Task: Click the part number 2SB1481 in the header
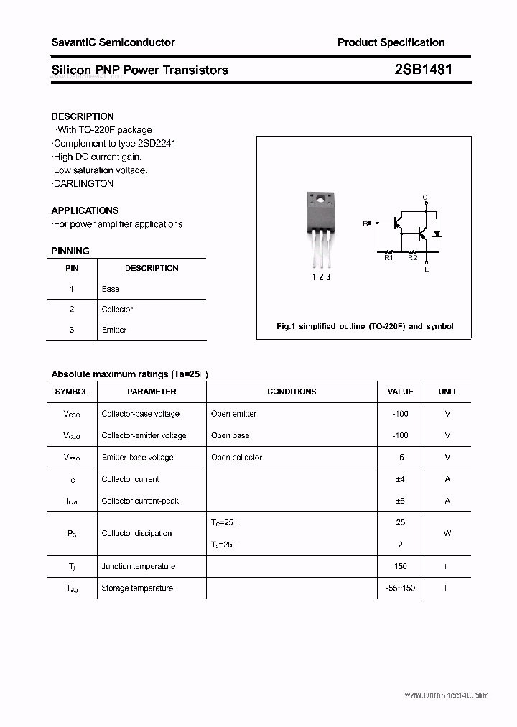[423, 70]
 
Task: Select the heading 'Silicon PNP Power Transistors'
[139, 70]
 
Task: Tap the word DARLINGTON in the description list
[84, 183]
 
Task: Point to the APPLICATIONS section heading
[85, 210]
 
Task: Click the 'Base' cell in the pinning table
[111, 289]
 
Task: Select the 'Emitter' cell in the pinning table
[114, 330]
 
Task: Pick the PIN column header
[72, 268]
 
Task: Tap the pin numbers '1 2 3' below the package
[320, 277]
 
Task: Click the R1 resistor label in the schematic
[388, 258]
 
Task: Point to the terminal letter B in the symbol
[365, 224]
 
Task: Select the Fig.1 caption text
[365, 326]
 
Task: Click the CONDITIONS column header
[292, 392]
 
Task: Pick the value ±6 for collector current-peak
[400, 501]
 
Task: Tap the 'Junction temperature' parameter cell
[139, 566]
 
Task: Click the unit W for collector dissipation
[447, 533]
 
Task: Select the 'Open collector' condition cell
[237, 457]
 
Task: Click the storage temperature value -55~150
[400, 588]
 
